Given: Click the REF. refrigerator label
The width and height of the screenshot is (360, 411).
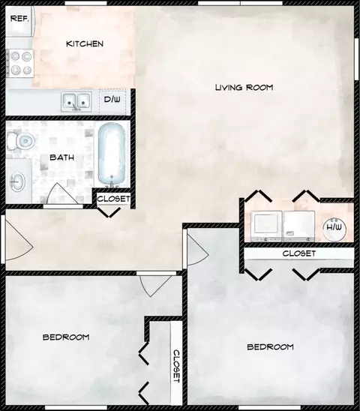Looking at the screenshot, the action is tap(19, 19).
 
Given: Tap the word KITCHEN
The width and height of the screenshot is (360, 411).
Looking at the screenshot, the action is tap(85, 43).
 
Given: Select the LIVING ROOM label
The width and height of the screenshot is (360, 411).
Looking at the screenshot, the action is tap(244, 87).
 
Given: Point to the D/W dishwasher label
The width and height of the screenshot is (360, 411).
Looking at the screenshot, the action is tap(112, 100).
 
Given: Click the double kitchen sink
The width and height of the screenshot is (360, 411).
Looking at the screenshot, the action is tap(76, 101).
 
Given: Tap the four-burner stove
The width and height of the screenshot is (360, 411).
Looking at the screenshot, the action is tap(20, 64).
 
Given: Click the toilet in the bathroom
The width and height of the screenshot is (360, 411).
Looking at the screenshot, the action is tap(20, 141).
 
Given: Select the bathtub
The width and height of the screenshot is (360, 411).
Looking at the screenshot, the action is tap(112, 155).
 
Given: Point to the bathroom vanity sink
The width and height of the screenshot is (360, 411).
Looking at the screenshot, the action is tap(17, 181).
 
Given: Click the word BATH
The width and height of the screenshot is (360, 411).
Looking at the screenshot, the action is tap(62, 157).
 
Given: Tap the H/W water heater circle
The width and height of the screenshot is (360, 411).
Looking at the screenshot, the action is tap(334, 229).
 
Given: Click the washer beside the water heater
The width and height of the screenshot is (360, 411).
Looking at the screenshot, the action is tap(299, 226).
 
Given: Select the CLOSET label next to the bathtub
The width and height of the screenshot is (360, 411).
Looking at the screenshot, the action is tap(113, 199).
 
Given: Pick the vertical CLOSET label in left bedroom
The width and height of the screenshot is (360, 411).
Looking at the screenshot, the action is tap(176, 366).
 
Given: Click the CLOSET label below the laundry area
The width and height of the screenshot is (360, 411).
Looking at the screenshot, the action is tap(299, 253).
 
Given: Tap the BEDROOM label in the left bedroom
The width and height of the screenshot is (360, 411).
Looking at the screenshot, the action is tap(66, 337).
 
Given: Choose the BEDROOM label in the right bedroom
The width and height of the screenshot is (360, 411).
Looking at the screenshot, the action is tap(270, 347).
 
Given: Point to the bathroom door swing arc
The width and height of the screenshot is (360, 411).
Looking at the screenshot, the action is tap(63, 193).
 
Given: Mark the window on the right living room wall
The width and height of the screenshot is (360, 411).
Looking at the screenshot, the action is tap(356, 59).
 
